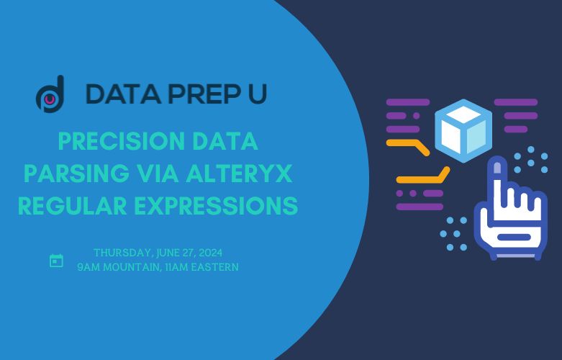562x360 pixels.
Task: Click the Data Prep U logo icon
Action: tap(50, 94)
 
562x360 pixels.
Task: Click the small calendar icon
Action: tap(56, 261)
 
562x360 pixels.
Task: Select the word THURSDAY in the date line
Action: tap(122, 253)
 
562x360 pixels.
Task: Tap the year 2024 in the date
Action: tap(209, 253)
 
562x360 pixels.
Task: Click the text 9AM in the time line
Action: tap(89, 267)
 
